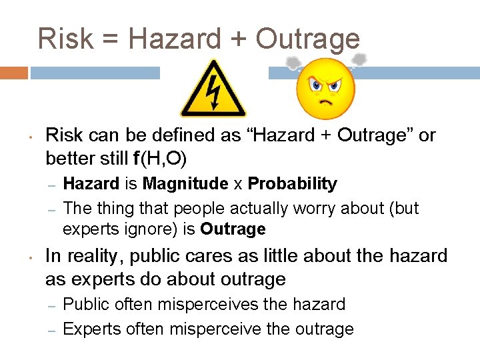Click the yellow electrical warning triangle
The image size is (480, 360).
click(x=213, y=89)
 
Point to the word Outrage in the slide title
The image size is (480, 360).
click(x=307, y=39)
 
